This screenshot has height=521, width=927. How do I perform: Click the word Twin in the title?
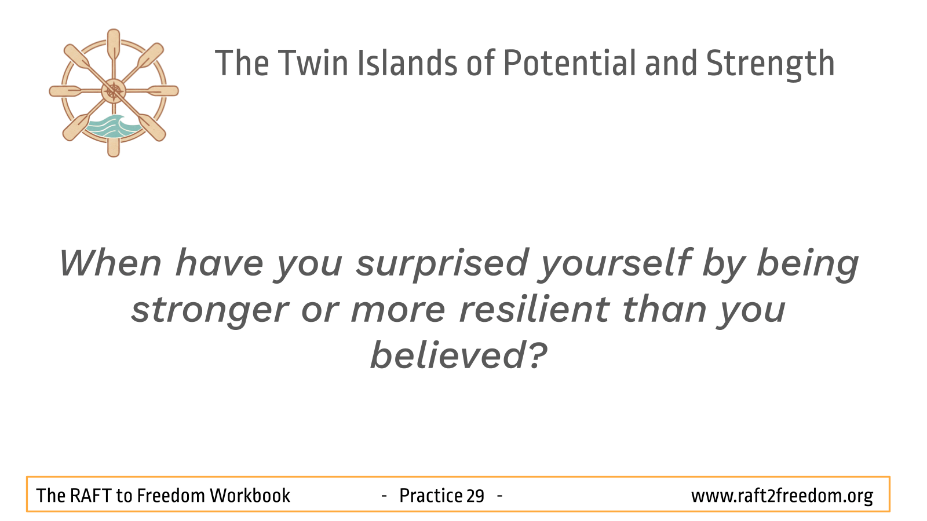[x=313, y=63]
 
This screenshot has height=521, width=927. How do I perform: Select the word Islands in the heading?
[x=407, y=63]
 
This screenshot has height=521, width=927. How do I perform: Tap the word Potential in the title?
[x=569, y=63]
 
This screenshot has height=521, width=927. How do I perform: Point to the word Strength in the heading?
[x=770, y=64]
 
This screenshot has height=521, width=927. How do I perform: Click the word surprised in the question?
[x=442, y=265]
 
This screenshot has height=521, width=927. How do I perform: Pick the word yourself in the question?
[x=614, y=265]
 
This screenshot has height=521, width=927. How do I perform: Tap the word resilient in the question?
[x=534, y=309]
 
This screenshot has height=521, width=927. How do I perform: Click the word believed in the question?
[x=450, y=355]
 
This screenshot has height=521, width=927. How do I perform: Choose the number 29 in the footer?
[x=475, y=496]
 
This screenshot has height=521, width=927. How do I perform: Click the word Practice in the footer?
[x=430, y=496]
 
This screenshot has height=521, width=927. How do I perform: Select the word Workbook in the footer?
[x=250, y=496]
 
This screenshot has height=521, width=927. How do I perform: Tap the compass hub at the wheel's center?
[x=114, y=91]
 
